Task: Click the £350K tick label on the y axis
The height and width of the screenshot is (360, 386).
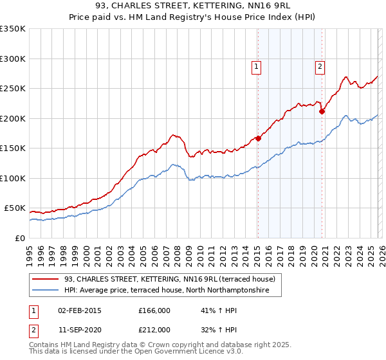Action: coord(13,29)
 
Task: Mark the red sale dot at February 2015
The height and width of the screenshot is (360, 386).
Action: coord(258,138)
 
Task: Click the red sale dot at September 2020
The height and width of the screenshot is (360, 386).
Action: coord(322,111)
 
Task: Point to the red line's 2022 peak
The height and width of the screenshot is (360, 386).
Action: coord(346,76)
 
